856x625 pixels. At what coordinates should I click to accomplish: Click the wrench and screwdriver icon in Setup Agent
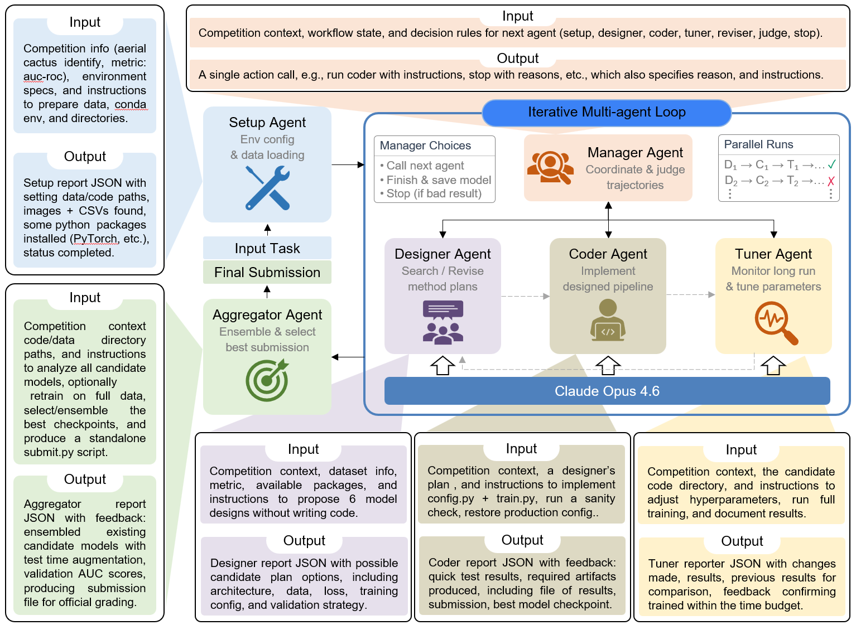(x=267, y=188)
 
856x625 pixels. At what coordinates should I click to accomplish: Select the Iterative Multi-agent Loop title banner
(x=607, y=113)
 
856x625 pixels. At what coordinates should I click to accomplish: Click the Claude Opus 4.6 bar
(x=607, y=391)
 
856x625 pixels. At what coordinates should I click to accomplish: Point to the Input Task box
(x=267, y=248)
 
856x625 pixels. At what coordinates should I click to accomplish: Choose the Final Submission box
(x=267, y=272)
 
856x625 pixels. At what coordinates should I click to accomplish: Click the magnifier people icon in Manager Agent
(x=550, y=167)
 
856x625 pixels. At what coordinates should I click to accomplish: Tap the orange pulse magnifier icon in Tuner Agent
(x=776, y=323)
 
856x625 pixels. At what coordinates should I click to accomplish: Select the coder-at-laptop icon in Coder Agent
(x=608, y=320)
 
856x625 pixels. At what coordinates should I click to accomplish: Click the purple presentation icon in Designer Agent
(x=443, y=322)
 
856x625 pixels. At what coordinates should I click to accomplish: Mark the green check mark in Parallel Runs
(x=831, y=164)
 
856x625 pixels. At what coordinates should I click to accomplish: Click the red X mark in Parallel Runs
(x=831, y=181)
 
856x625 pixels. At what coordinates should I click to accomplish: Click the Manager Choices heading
(x=425, y=146)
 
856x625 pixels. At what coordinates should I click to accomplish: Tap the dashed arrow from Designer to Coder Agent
(x=525, y=296)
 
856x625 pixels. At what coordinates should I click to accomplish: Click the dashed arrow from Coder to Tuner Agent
(x=690, y=294)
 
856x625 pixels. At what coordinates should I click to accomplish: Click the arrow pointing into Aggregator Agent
(x=348, y=357)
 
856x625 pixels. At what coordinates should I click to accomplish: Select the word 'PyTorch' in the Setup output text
(x=95, y=239)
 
